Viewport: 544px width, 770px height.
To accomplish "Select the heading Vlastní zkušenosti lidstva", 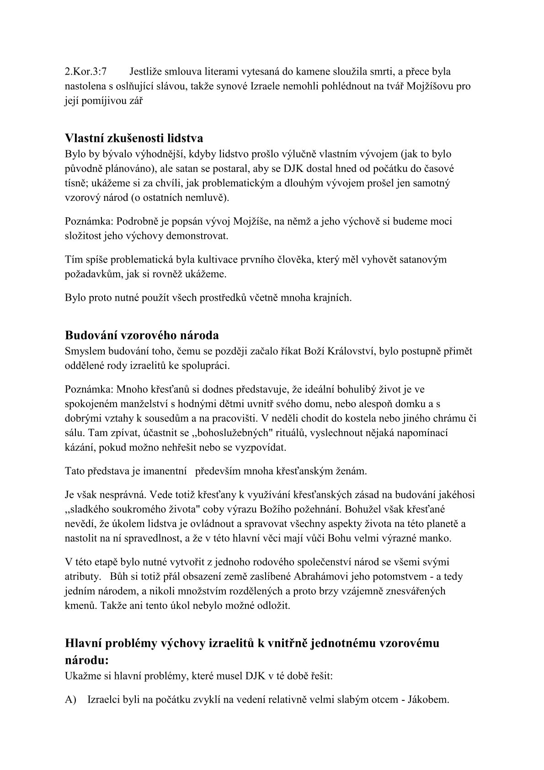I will coord(134,138).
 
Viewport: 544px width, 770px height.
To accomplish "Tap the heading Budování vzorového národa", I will coord(142,335).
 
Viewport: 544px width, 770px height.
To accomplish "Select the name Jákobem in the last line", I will coord(432,700).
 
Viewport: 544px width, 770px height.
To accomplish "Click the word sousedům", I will coord(165,418).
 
